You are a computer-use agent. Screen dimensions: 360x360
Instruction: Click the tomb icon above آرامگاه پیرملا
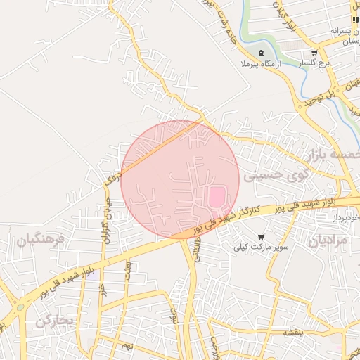pyautogui.click(x=261, y=53)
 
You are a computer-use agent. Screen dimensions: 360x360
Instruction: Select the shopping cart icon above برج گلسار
pyautogui.click(x=314, y=53)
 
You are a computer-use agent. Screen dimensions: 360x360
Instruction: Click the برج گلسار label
pyautogui.click(x=314, y=64)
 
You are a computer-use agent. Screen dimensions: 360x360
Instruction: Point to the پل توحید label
pyautogui.click(x=321, y=95)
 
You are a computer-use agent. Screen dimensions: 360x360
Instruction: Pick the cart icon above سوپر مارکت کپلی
pyautogui.click(x=262, y=237)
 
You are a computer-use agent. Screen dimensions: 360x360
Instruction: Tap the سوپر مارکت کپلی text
pyautogui.click(x=262, y=247)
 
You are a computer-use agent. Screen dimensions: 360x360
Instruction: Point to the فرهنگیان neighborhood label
pyautogui.click(x=40, y=240)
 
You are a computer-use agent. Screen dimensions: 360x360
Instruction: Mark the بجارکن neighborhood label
pyautogui.click(x=54, y=321)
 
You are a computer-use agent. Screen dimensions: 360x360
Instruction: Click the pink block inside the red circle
pyautogui.click(x=217, y=196)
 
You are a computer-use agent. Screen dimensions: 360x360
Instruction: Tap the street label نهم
pyautogui.click(x=127, y=347)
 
